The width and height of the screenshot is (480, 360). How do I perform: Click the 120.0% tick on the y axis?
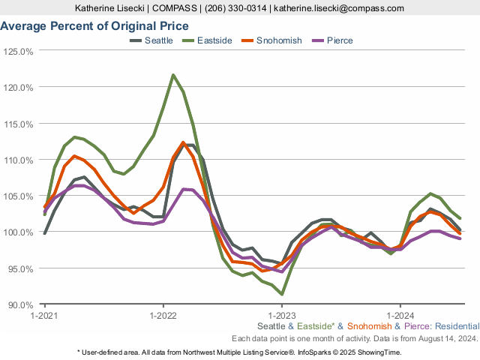19,88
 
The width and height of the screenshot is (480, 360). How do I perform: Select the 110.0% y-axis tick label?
19,160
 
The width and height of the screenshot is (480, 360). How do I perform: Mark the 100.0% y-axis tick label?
19,232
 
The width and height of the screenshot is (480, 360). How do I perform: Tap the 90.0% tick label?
19,304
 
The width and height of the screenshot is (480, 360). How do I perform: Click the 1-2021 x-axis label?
44,315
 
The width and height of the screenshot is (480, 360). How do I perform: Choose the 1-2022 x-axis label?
163,315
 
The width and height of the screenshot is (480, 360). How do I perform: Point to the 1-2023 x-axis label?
281,315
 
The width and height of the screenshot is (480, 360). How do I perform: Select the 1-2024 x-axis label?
400,315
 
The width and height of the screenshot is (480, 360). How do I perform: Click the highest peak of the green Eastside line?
173,75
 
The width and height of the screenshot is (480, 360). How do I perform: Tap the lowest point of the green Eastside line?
281,294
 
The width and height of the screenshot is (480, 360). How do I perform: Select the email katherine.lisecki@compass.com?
340,8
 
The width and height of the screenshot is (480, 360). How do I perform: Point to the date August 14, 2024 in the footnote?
446,338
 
